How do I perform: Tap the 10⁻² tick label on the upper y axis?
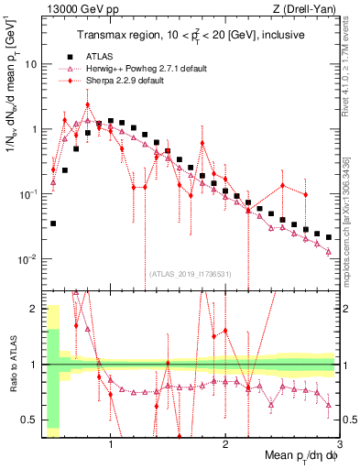[27, 259]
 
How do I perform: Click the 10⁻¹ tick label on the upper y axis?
[27, 194]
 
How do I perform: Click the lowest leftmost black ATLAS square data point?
[53, 224]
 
